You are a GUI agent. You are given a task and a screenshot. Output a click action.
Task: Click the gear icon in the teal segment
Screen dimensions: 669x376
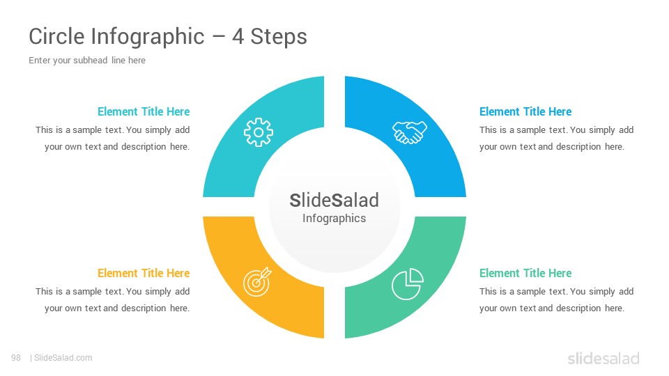click(x=258, y=132)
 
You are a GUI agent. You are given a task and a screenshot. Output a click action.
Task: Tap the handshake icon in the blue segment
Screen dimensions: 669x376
click(x=410, y=132)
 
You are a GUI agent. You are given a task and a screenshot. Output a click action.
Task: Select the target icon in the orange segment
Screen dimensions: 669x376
click(x=257, y=282)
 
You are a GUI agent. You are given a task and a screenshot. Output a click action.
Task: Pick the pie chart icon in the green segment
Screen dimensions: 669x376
click(x=408, y=284)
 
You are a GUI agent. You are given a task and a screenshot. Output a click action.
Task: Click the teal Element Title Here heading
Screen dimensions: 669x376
click(x=144, y=111)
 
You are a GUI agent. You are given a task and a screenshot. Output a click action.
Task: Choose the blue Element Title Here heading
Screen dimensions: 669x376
click(x=525, y=111)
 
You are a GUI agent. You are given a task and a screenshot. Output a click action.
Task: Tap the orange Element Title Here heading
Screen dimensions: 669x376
click(x=144, y=273)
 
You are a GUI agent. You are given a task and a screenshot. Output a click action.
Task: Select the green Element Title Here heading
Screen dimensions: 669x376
click(x=525, y=273)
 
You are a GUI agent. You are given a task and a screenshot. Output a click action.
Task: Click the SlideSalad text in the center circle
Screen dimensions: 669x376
click(x=334, y=201)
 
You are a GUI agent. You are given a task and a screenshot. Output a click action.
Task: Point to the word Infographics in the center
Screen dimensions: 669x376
click(x=334, y=218)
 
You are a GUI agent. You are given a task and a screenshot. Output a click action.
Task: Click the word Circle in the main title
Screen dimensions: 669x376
click(x=56, y=36)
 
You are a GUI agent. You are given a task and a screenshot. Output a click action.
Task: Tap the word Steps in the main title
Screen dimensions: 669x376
click(x=279, y=37)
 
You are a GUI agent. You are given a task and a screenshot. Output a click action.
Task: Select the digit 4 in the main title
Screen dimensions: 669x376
click(x=238, y=36)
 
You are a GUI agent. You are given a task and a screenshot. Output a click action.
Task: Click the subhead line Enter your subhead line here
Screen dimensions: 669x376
click(x=87, y=61)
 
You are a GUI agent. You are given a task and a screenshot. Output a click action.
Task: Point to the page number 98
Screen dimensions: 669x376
click(x=16, y=358)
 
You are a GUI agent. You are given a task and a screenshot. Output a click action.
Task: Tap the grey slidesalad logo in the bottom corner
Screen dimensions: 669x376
click(x=603, y=358)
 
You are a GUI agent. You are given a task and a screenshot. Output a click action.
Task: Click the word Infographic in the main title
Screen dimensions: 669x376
click(x=148, y=37)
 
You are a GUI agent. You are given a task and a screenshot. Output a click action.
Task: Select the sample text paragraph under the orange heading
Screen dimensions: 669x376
click(x=113, y=299)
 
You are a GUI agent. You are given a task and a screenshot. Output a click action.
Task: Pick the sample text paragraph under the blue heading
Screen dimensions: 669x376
click(x=556, y=138)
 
